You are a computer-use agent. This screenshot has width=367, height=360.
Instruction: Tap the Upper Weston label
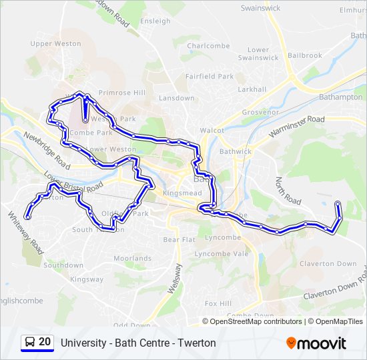55,44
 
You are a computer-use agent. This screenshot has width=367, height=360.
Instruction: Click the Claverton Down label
328,264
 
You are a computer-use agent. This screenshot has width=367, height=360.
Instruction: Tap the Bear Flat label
178,239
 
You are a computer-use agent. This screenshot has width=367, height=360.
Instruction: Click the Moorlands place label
132,258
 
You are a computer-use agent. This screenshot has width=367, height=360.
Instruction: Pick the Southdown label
63,265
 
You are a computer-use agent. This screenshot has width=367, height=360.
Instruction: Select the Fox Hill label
218,303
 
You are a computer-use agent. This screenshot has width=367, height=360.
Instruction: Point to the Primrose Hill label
121,93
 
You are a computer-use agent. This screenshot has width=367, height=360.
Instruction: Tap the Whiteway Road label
25,233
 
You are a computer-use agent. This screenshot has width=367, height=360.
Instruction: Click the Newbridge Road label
47,149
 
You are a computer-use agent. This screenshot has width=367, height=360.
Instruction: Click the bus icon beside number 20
30,343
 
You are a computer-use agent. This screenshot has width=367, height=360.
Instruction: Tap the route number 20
45,343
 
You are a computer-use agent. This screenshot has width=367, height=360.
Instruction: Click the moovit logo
316,343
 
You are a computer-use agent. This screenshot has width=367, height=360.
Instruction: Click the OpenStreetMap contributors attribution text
256,321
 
